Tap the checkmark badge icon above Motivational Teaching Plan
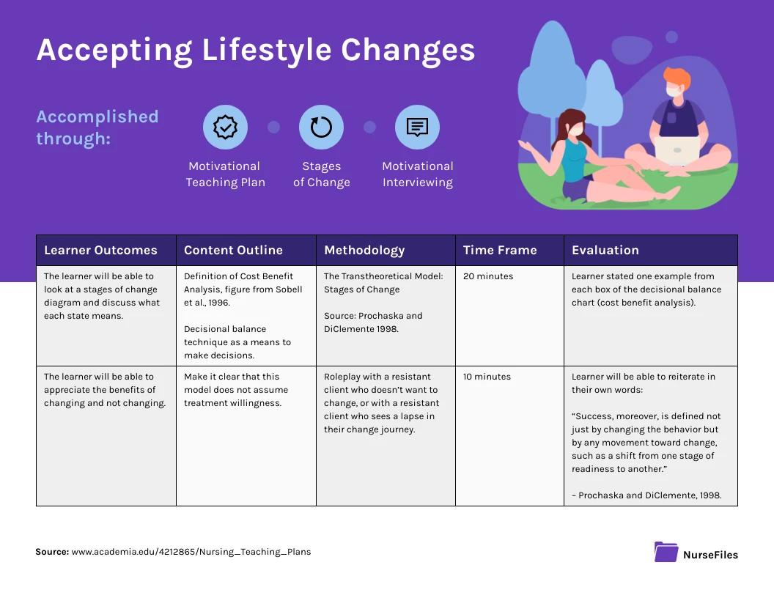pos(225,128)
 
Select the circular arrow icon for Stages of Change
pos(321,128)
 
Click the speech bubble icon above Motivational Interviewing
pos(417,128)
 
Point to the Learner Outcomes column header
pos(100,250)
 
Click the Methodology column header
pos(364,250)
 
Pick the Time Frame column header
pos(500,250)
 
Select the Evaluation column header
pos(605,250)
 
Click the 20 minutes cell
pos(488,276)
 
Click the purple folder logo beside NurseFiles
pos(666,552)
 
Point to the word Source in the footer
pos(51,552)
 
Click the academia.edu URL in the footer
pos(191,552)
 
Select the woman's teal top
pos(572,159)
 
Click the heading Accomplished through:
pos(97,127)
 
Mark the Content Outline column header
pos(233,250)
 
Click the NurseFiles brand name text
pos(710,555)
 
